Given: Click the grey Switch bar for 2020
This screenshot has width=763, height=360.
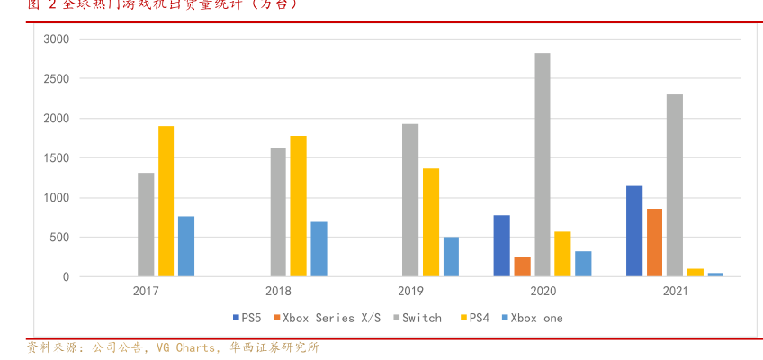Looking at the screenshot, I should click(542, 165).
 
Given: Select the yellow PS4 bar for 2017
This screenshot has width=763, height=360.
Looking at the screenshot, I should click(166, 201).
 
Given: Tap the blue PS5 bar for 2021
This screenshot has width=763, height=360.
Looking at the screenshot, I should click(634, 231).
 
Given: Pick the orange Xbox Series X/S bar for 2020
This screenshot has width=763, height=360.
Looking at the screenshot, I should click(522, 266).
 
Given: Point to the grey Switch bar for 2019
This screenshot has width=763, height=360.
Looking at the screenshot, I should click(410, 200).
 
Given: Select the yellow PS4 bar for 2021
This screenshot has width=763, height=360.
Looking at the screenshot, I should click(695, 272).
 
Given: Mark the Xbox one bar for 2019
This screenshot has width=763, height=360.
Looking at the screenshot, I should click(451, 256).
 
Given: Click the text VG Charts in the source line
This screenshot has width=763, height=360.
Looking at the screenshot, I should click(185, 347).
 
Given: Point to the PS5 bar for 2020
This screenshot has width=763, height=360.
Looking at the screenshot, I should click(501, 246).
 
